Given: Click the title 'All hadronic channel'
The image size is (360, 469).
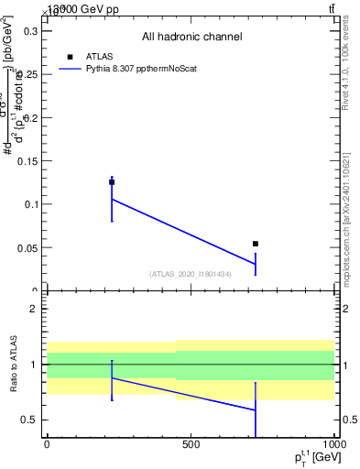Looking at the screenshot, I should [191, 38].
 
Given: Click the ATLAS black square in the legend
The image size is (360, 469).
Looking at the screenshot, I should [70, 57].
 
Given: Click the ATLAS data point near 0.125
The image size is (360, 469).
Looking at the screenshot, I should [112, 182].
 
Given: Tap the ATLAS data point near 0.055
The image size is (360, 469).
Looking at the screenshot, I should [256, 244].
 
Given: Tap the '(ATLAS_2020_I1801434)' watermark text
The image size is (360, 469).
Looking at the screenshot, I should [191, 274].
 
